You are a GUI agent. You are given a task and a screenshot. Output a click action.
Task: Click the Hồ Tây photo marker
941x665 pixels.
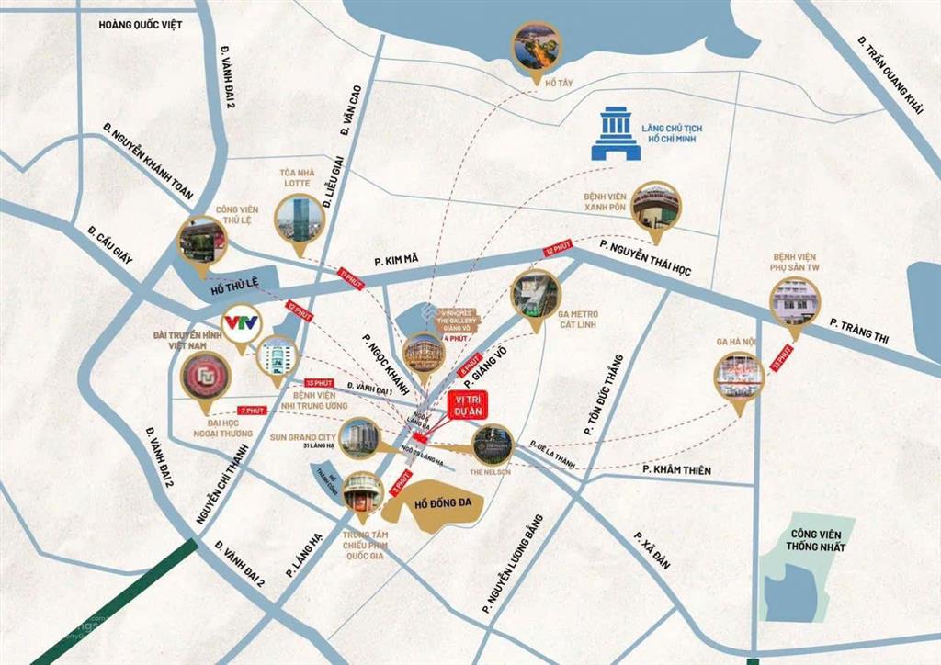click(x=538, y=49)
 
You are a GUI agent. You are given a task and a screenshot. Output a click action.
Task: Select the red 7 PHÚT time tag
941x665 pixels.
click(x=252, y=411)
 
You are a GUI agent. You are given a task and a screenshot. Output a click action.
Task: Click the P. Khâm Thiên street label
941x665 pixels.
click(x=676, y=470)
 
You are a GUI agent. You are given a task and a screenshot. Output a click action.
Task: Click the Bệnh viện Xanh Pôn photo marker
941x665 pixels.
click(x=656, y=206)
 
